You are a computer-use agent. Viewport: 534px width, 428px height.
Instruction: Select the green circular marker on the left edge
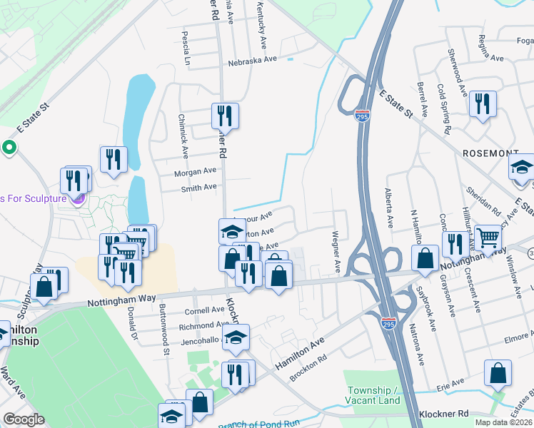coord(9,148)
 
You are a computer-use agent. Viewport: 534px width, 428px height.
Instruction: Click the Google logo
coord(24,419)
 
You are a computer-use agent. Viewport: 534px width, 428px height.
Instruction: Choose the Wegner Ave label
coord(336,251)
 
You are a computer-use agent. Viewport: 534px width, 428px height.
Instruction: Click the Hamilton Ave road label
coord(300,352)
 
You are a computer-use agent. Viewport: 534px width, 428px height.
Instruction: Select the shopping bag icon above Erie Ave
coord(497,373)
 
